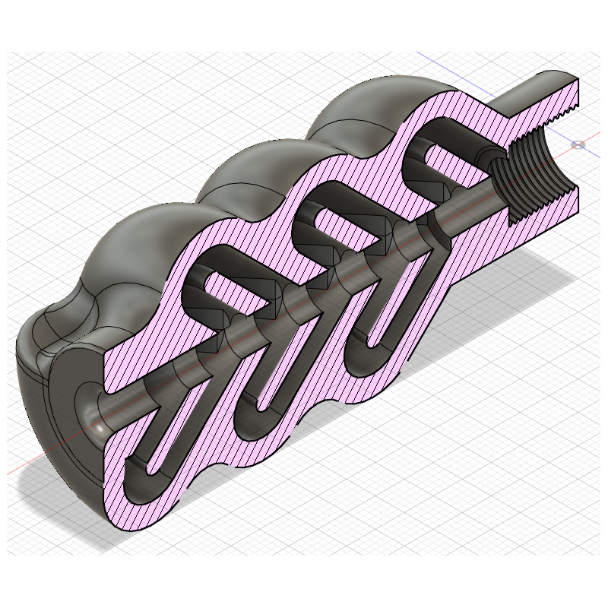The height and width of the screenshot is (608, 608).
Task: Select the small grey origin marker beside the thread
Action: (x=578, y=144)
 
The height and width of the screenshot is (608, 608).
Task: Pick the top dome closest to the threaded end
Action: (x=357, y=114)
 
